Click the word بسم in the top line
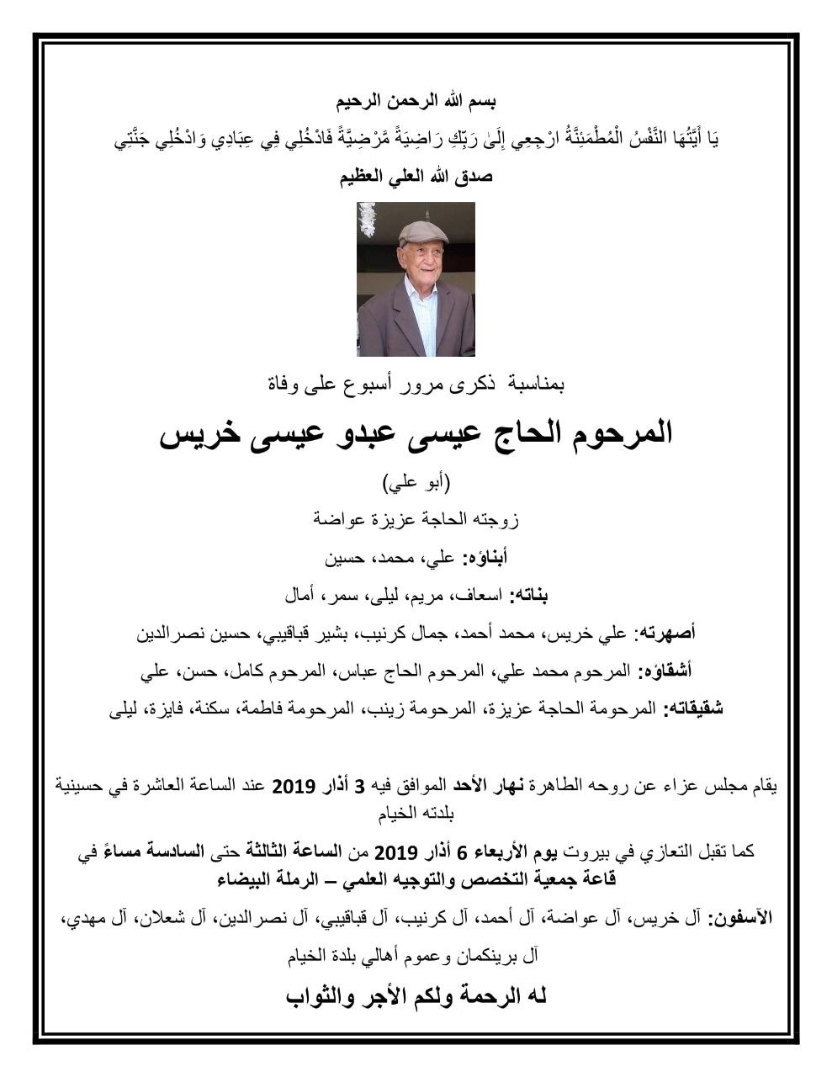point(482,103)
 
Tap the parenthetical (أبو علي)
point(416,483)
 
